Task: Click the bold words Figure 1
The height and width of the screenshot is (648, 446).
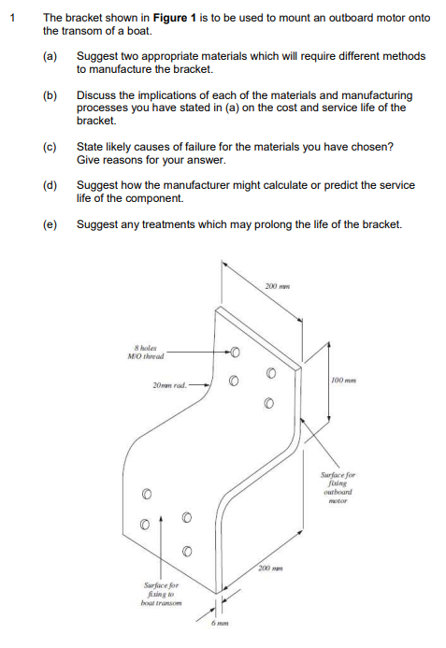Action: pos(175,18)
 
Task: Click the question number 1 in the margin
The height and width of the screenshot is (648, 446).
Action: pos(13,18)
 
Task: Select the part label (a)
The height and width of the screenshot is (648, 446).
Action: pos(50,56)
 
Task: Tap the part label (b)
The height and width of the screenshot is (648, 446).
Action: pos(50,95)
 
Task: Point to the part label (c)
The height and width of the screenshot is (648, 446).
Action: pos(50,147)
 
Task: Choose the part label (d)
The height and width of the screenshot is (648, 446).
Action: pos(50,185)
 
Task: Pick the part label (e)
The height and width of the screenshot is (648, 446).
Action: pos(50,224)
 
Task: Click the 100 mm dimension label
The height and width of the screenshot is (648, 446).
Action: pos(343,381)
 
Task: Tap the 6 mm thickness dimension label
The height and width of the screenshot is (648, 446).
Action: pos(220,623)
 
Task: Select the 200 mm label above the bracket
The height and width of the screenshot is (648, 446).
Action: pos(278,286)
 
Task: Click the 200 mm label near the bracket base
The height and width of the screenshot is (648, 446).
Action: pos(271,569)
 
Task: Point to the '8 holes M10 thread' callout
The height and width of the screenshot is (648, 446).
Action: pos(146,353)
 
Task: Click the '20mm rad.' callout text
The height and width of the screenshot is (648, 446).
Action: pos(169,385)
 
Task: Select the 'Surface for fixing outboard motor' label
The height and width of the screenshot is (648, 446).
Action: pos(338,488)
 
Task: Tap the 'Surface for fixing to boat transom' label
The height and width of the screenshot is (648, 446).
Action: pos(161,594)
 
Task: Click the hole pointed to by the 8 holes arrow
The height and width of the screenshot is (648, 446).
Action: pos(235,353)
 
